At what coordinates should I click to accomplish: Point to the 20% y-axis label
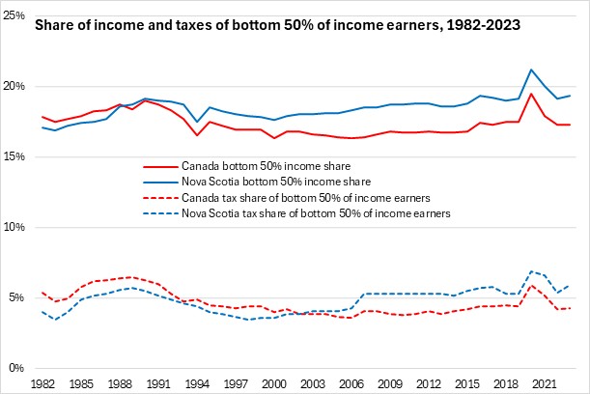pyautogui.click(x=16, y=87)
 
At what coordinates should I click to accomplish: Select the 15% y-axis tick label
pyautogui.click(x=16, y=157)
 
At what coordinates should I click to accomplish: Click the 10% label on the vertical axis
pyautogui.click(x=16, y=228)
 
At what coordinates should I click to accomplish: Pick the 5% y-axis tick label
pyautogui.click(x=19, y=297)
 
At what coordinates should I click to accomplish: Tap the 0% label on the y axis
pyautogui.click(x=19, y=368)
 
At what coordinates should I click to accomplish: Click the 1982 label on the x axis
pyautogui.click(x=42, y=383)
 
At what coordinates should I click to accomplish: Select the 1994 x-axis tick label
pyautogui.click(x=199, y=383)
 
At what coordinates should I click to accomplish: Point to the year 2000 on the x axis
pyautogui.click(x=276, y=383)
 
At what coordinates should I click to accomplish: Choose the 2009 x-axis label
pyautogui.click(x=393, y=383)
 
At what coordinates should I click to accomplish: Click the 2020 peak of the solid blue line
pyautogui.click(x=531, y=70)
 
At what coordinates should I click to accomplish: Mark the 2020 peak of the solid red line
pyautogui.click(x=531, y=94)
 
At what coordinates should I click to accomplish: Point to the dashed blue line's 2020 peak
pyautogui.click(x=531, y=271)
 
